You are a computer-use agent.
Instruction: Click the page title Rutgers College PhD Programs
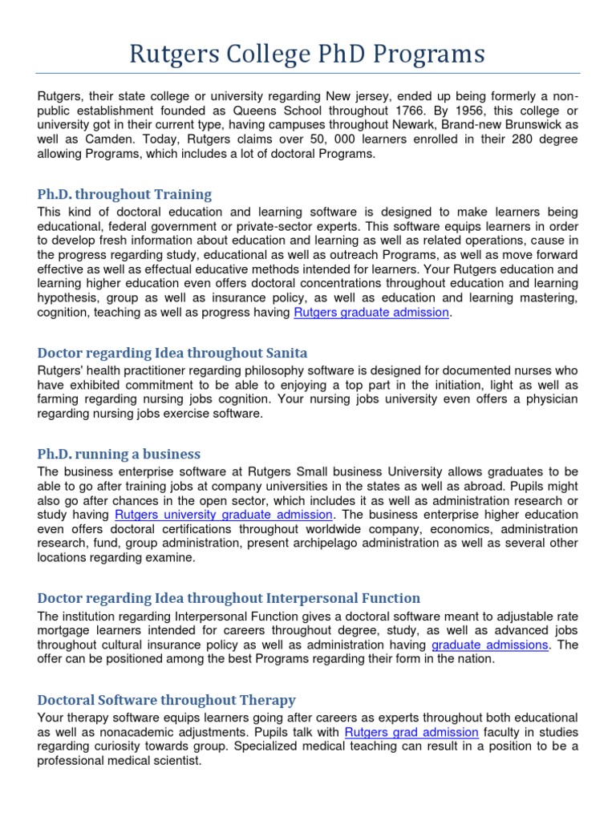pyautogui.click(x=307, y=54)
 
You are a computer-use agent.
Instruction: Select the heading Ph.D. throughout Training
pyautogui.click(x=125, y=194)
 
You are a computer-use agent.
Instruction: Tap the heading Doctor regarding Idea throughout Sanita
pyautogui.click(x=172, y=353)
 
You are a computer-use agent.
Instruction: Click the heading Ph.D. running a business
pyautogui.click(x=119, y=454)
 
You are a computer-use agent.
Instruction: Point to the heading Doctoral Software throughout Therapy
pyautogui.click(x=167, y=700)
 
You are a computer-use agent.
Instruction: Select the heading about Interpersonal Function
pyautogui.click(x=229, y=598)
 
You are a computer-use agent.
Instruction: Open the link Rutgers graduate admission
pyautogui.click(x=371, y=313)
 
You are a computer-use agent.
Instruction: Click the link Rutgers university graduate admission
pyautogui.click(x=224, y=515)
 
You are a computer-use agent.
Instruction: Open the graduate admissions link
pyautogui.click(x=490, y=645)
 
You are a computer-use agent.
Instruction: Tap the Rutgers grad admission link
pyautogui.click(x=411, y=732)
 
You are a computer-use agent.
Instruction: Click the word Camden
pyautogui.click(x=84, y=140)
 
